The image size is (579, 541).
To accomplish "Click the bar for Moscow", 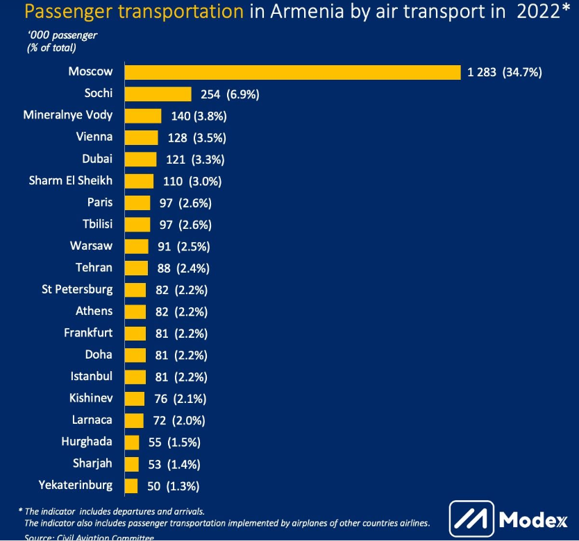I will (x=292, y=72).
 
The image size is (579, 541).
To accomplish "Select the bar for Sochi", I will (x=158, y=94).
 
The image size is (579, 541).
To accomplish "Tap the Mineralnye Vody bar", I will (x=142, y=116).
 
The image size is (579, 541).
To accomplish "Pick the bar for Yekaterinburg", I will (x=131, y=486).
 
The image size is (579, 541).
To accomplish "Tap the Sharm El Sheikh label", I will (x=71, y=181).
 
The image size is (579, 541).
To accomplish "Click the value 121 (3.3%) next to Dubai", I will (x=195, y=160).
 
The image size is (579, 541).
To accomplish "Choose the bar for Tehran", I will (x=135, y=268).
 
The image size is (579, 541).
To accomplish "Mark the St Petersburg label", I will (x=77, y=289).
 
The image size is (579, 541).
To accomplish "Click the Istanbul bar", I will (x=135, y=377).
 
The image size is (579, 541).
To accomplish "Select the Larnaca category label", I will (x=92, y=420).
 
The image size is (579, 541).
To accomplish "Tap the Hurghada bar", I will (x=131, y=442).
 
